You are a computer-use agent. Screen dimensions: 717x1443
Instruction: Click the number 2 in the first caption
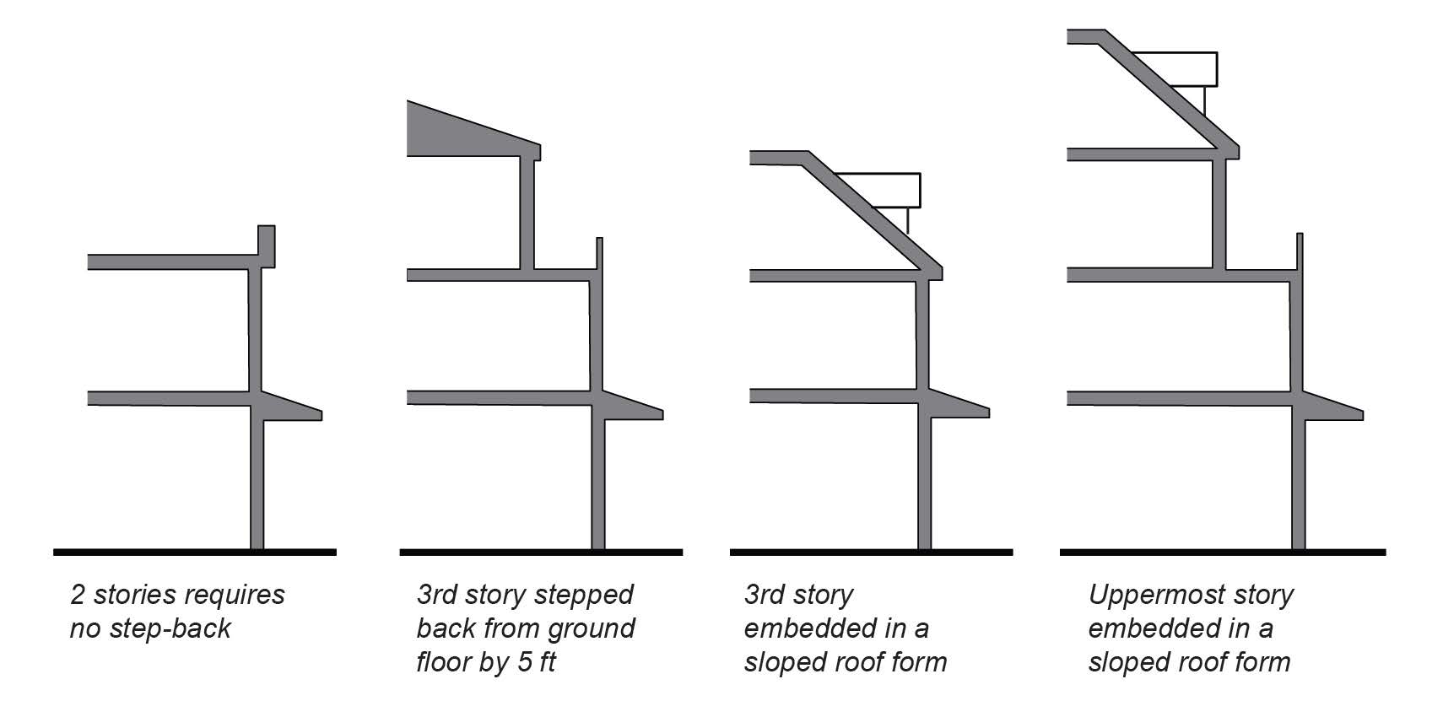coord(78,595)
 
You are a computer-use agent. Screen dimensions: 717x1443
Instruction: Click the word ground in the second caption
coord(591,628)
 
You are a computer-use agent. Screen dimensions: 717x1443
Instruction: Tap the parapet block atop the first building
coord(267,245)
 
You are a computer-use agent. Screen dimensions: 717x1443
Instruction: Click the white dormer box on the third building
coord(886,190)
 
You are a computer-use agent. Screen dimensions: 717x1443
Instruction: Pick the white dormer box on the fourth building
coord(1181,69)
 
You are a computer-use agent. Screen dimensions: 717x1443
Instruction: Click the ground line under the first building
coord(194,553)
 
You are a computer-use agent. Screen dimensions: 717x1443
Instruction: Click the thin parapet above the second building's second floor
coord(599,253)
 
